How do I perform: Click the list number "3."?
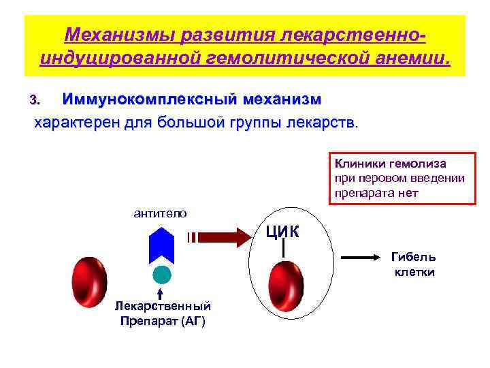pos(35,101)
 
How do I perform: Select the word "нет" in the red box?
pos(410,192)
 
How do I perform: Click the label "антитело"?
pos(160,213)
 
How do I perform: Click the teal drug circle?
pos(161,275)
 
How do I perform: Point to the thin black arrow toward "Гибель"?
pos(360,258)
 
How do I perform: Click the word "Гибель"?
pos(413,258)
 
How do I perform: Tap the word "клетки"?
pos(414,272)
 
